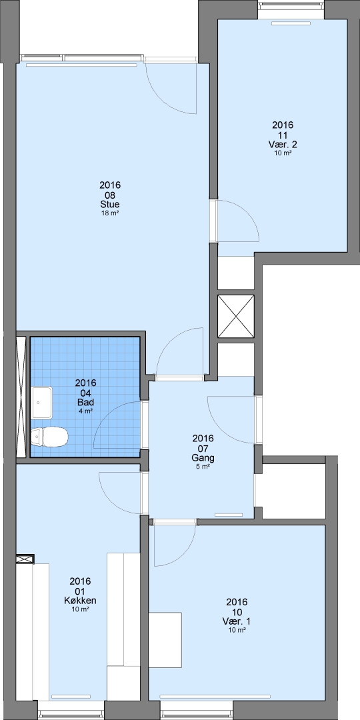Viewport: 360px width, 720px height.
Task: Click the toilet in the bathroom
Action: [49, 436]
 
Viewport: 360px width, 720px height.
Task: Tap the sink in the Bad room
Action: [42, 402]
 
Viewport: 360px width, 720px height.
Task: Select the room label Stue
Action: [110, 205]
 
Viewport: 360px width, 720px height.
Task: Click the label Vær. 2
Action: [283, 145]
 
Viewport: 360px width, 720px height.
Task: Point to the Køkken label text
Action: [81, 601]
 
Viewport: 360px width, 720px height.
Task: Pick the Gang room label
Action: [203, 458]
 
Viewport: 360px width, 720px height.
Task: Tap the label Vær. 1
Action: [237, 621]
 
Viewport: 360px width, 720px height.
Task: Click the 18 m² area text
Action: [110, 213]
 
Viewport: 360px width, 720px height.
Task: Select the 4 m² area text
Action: [85, 411]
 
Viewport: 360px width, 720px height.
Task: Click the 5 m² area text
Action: [203, 467]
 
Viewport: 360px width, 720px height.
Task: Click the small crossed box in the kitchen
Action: [25, 559]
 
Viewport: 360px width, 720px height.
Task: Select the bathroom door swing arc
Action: [109, 416]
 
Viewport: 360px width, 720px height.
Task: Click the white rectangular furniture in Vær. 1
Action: [165, 639]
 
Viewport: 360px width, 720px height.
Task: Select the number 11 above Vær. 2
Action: [283, 135]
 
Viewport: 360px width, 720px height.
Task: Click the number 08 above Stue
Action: [110, 195]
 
